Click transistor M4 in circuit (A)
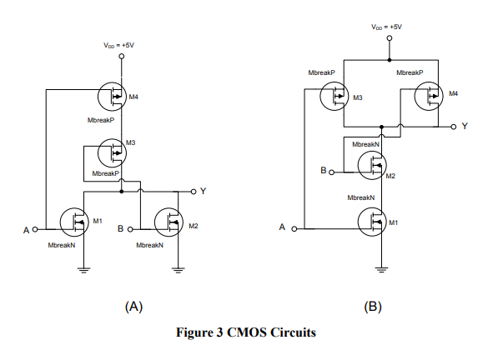pyautogui.click(x=112, y=96)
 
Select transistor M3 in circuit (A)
pyautogui.click(x=112, y=152)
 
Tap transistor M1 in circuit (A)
pyautogui.click(x=74, y=222)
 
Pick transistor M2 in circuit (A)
pyautogui.click(x=169, y=222)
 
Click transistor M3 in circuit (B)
pyautogui.click(x=335, y=96)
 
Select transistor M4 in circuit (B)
pyautogui.click(x=429, y=96)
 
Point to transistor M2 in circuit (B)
pyautogui.click(x=372, y=165)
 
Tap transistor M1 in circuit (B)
pyautogui.click(x=372, y=222)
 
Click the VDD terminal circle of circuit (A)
pyautogui.click(x=121, y=57)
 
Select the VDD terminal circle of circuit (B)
pyautogui.click(x=390, y=38)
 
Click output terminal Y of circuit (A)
pyautogui.click(x=194, y=192)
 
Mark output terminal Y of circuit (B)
pyautogui.click(x=454, y=127)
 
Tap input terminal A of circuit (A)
pyautogui.click(x=35, y=229)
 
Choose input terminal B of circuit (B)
pyautogui.click(x=331, y=172)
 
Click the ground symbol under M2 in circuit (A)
pyautogui.click(x=179, y=270)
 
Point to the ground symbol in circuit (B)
pyautogui.click(x=381, y=270)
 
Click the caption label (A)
pyautogui.click(x=133, y=307)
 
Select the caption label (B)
pyautogui.click(x=373, y=307)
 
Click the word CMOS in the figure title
pyautogui.click(x=246, y=332)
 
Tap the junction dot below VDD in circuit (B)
pyautogui.click(x=390, y=60)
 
